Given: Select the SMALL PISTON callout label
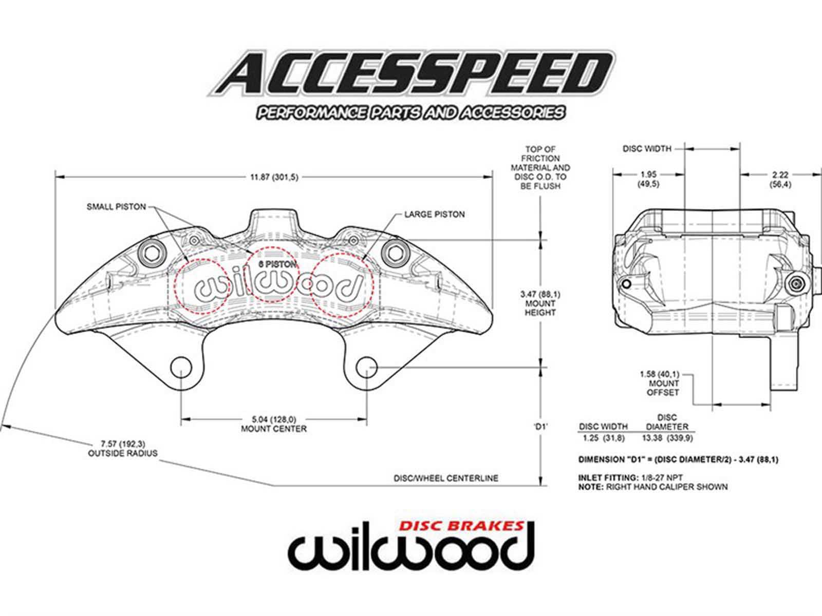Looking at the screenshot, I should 116,207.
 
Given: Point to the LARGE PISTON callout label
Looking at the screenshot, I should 434,214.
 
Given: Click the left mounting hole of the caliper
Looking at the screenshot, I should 181,368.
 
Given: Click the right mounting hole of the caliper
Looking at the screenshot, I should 367,368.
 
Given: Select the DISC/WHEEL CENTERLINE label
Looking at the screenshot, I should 445,478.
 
